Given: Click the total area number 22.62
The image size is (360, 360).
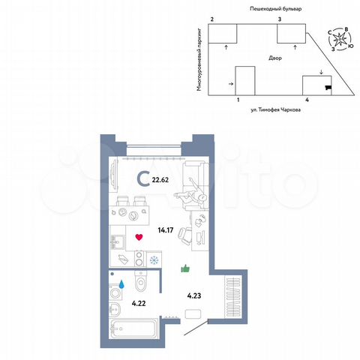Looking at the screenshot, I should point(160,179).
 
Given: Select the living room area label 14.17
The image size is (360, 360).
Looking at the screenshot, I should point(166,230).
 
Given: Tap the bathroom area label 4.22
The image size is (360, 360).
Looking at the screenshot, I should point(139,303).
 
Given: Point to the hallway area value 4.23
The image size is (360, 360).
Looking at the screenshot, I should point(193,295).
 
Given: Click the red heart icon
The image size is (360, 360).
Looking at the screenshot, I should point(139,238).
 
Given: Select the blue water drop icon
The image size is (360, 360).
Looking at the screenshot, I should point(121,284).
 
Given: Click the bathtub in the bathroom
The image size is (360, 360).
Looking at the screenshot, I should point(133,328).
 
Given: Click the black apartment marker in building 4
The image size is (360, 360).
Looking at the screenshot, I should point(326,88).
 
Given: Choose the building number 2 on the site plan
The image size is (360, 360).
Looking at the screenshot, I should point(212,18).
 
